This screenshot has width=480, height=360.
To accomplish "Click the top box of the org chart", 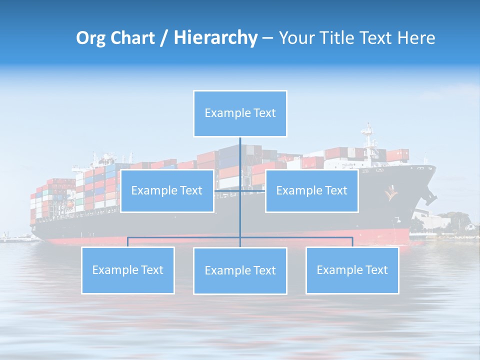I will [240, 113].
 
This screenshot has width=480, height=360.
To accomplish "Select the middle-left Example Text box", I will [167, 190].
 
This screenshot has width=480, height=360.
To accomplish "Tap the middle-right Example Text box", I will [311, 190].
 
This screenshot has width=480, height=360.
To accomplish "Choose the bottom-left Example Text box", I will [127, 270].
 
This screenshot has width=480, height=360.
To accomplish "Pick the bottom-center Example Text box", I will [240, 270].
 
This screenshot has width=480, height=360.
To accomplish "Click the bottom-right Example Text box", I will [352, 270].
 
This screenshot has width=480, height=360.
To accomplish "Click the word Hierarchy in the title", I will [215, 38].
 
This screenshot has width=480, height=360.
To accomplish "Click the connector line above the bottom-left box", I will [127, 242].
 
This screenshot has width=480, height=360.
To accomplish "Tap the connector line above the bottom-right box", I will [352, 242].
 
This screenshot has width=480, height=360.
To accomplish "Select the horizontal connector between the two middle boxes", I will [239, 190].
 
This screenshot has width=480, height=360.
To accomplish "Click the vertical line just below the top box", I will [240, 150].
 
